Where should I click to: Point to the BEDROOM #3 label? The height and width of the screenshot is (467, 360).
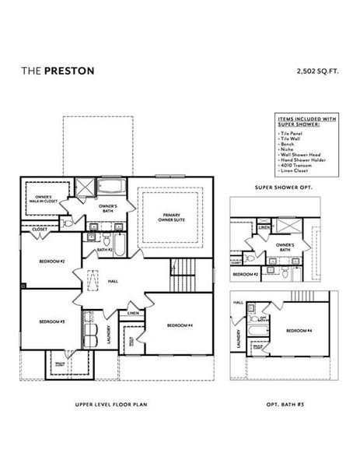(x=52, y=321)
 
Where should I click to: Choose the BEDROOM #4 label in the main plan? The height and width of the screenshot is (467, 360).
(x=179, y=324)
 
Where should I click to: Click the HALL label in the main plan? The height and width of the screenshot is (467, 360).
(x=114, y=280)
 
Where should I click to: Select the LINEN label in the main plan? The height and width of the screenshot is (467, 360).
(x=133, y=314)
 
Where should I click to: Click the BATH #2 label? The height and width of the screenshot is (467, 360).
(x=105, y=250)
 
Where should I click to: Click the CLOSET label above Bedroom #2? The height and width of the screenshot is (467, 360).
(x=38, y=230)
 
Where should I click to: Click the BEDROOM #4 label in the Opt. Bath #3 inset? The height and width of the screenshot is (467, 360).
(x=299, y=332)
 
